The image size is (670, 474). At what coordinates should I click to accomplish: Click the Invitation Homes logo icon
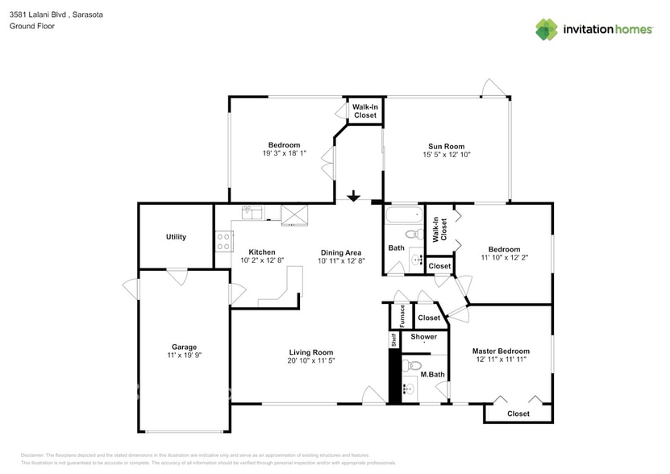click(547, 29)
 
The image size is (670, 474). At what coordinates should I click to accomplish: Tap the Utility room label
click(176, 237)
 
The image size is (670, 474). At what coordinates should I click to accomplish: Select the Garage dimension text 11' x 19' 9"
click(184, 355)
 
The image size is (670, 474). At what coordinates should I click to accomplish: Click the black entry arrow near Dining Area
click(353, 196)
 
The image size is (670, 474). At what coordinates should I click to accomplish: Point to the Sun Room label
click(446, 147)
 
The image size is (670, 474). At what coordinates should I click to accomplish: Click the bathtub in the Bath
click(402, 216)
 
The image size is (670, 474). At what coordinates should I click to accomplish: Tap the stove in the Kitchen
click(224, 239)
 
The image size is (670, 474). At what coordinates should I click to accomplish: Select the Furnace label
click(402, 314)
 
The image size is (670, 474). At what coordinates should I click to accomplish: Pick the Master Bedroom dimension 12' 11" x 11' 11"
click(501, 360)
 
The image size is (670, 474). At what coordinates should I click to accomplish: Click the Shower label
click(424, 337)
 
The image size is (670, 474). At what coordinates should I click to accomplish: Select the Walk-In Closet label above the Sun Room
click(365, 110)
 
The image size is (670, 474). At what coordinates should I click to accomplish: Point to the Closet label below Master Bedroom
click(518, 414)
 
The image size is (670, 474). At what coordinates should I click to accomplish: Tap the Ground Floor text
click(32, 26)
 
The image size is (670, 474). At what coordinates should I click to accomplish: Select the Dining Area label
click(341, 252)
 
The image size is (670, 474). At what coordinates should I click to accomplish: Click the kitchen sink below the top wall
click(252, 213)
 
